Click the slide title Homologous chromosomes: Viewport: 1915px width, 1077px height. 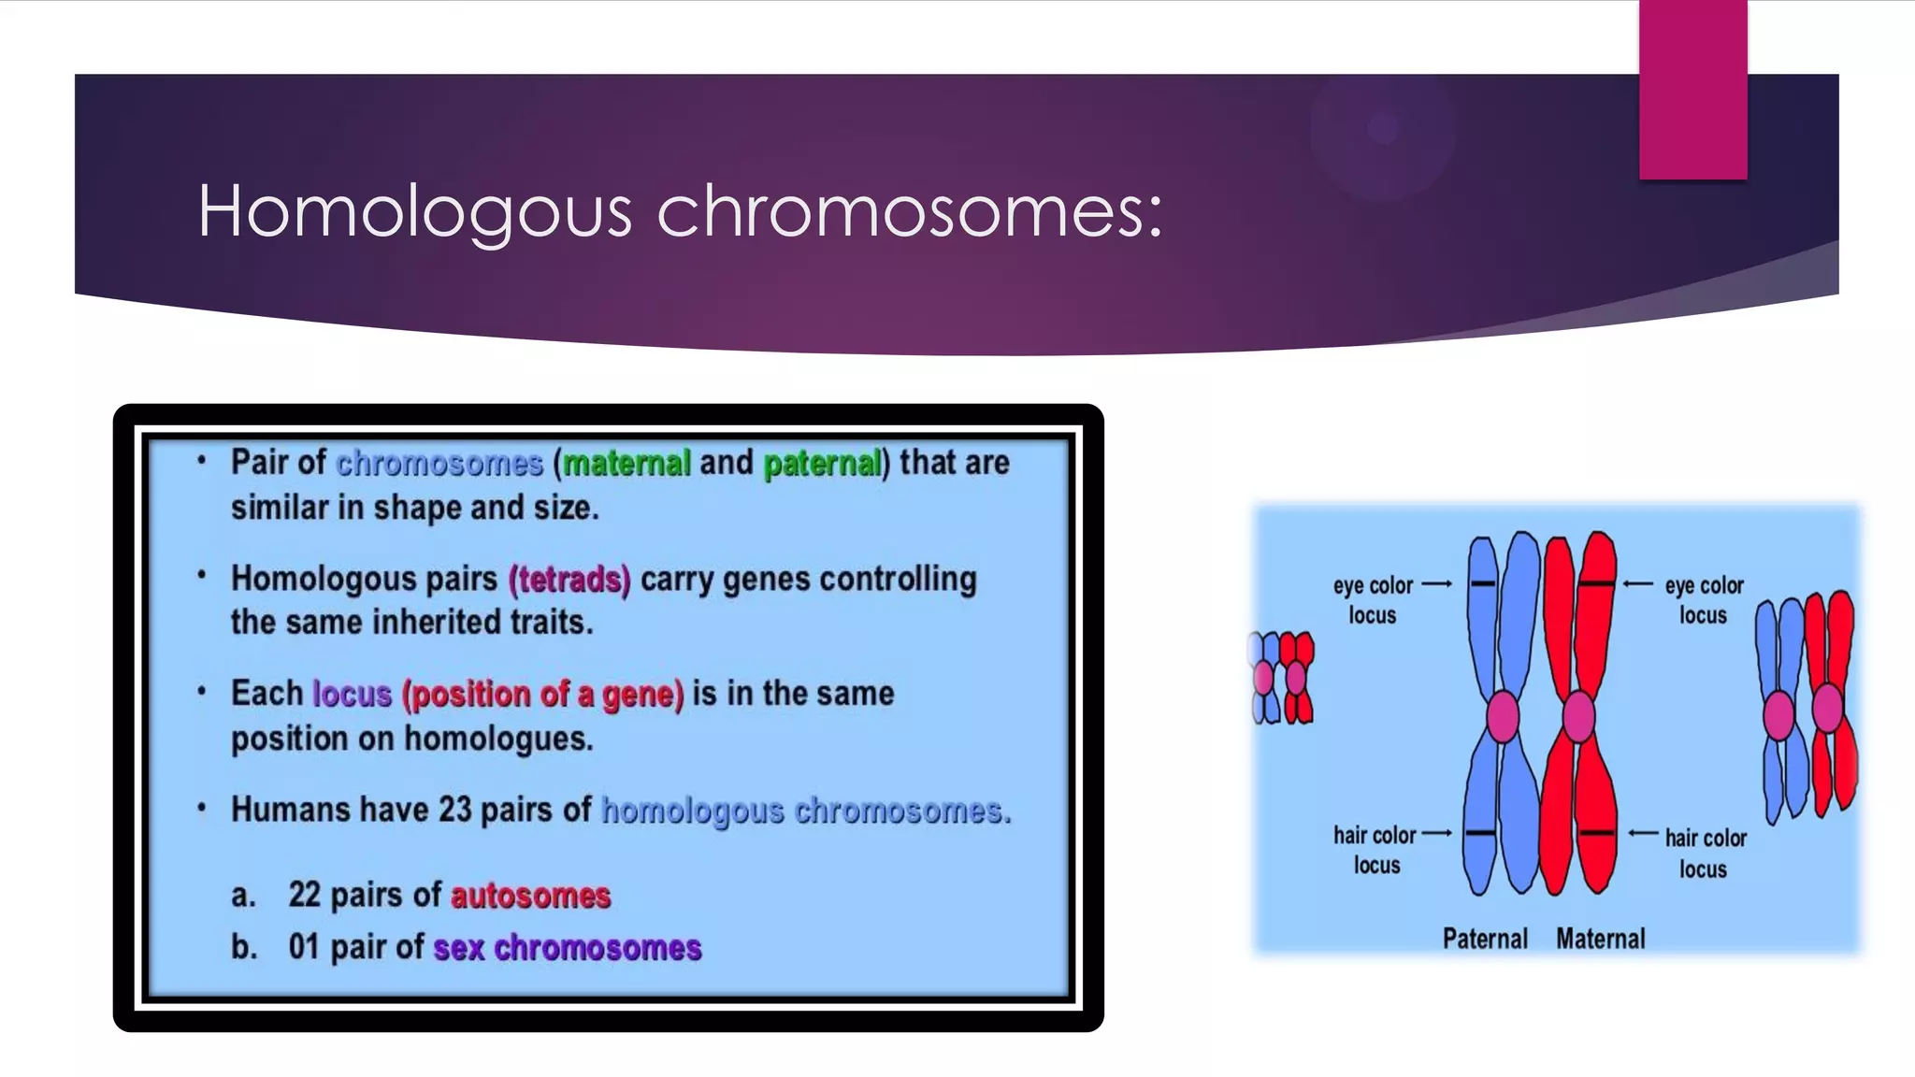pos(680,211)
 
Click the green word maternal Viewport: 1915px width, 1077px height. pos(626,463)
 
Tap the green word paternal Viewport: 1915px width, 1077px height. pos(822,463)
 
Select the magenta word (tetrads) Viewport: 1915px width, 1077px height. pos(569,580)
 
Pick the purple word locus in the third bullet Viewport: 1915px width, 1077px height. pos(352,695)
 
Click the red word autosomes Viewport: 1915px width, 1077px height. pos(530,896)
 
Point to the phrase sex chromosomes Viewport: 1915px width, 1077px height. pos(567,948)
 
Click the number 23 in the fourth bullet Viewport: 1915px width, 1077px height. pos(454,810)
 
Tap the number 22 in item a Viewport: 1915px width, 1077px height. pos(305,895)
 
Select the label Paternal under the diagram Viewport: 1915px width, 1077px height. pos(1484,939)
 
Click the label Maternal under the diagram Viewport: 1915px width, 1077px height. pos(1600,939)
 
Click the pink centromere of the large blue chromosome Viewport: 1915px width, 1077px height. pos(1503,716)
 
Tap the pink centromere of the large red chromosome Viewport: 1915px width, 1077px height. pos(1578,716)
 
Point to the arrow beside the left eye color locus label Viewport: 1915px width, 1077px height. pos(1436,584)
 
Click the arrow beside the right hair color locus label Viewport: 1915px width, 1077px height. pos(1643,833)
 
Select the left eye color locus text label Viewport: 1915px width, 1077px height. pos(1373,600)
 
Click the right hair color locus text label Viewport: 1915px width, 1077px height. pos(1705,853)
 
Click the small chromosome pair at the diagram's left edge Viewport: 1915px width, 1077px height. pos(1282,677)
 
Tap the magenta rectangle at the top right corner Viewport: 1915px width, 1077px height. pos(1692,90)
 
